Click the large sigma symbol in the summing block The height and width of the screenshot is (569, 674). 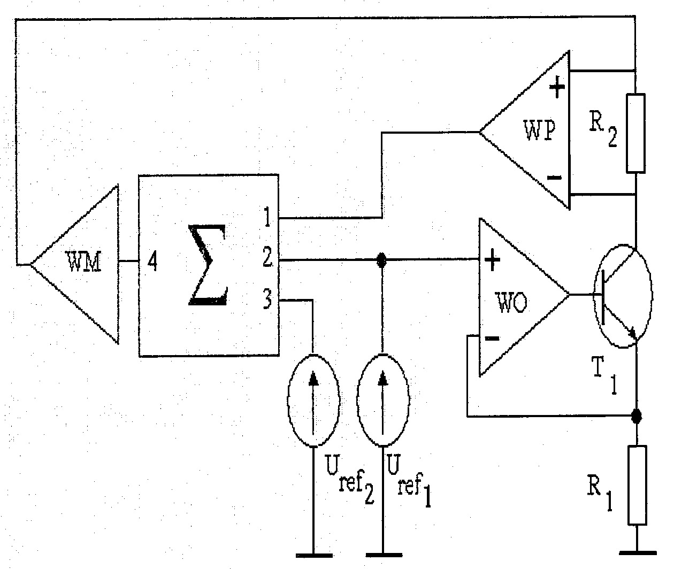207,265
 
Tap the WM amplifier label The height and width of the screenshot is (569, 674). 83,261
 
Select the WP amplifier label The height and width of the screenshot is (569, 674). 539,130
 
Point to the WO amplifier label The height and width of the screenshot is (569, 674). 512,302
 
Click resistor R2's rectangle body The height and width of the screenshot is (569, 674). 635,133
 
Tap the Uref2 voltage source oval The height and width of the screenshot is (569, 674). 313,401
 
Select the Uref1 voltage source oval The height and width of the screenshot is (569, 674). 383,401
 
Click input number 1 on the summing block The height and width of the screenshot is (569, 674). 267,217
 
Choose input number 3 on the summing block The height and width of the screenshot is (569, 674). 267,299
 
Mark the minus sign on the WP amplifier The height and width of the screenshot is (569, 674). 555,177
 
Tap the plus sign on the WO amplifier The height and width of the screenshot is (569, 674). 492,260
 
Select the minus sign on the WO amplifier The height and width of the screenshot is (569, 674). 492,339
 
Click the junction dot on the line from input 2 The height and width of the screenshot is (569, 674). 382,260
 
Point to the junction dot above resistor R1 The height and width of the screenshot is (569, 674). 637,417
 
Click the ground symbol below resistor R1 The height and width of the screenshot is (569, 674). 638,553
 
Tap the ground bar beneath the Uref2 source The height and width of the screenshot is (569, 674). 314,556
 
